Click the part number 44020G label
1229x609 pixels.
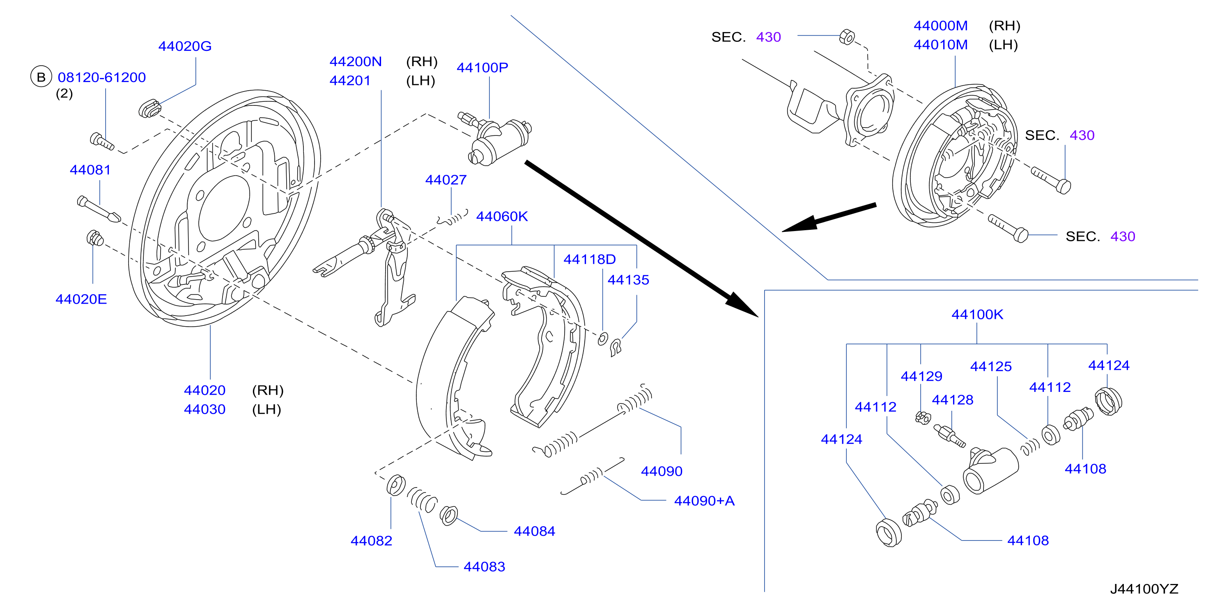(x=185, y=46)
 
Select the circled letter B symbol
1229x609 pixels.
(x=41, y=77)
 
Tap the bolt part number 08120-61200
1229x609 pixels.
(x=101, y=77)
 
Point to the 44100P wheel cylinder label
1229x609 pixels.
(x=482, y=68)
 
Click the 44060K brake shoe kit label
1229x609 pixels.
(x=502, y=217)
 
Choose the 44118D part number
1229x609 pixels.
(x=590, y=259)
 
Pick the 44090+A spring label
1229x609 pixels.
(x=704, y=501)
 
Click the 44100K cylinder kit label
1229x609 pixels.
(x=977, y=315)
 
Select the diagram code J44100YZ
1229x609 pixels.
(x=1144, y=589)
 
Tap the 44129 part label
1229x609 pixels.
(x=921, y=376)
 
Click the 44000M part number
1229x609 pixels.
(x=940, y=26)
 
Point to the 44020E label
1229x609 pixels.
(x=81, y=299)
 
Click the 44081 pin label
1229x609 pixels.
(x=90, y=170)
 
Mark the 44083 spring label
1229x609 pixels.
(x=484, y=567)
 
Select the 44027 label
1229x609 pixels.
(x=446, y=180)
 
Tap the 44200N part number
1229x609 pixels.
(x=356, y=62)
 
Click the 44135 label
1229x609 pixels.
(x=628, y=280)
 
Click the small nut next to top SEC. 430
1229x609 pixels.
(x=847, y=36)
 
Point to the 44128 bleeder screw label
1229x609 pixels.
(x=952, y=400)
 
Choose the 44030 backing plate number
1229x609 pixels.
(x=204, y=409)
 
